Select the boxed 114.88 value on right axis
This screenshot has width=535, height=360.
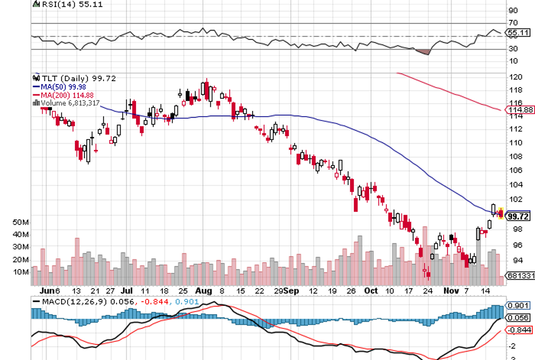click(x=521, y=110)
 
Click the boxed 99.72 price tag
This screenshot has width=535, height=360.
click(x=519, y=217)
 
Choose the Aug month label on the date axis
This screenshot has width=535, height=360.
click(x=203, y=290)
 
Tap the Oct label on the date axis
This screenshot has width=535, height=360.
click(x=372, y=290)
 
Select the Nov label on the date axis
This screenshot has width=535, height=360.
click(x=452, y=290)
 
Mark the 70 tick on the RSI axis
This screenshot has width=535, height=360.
click(x=513, y=23)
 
